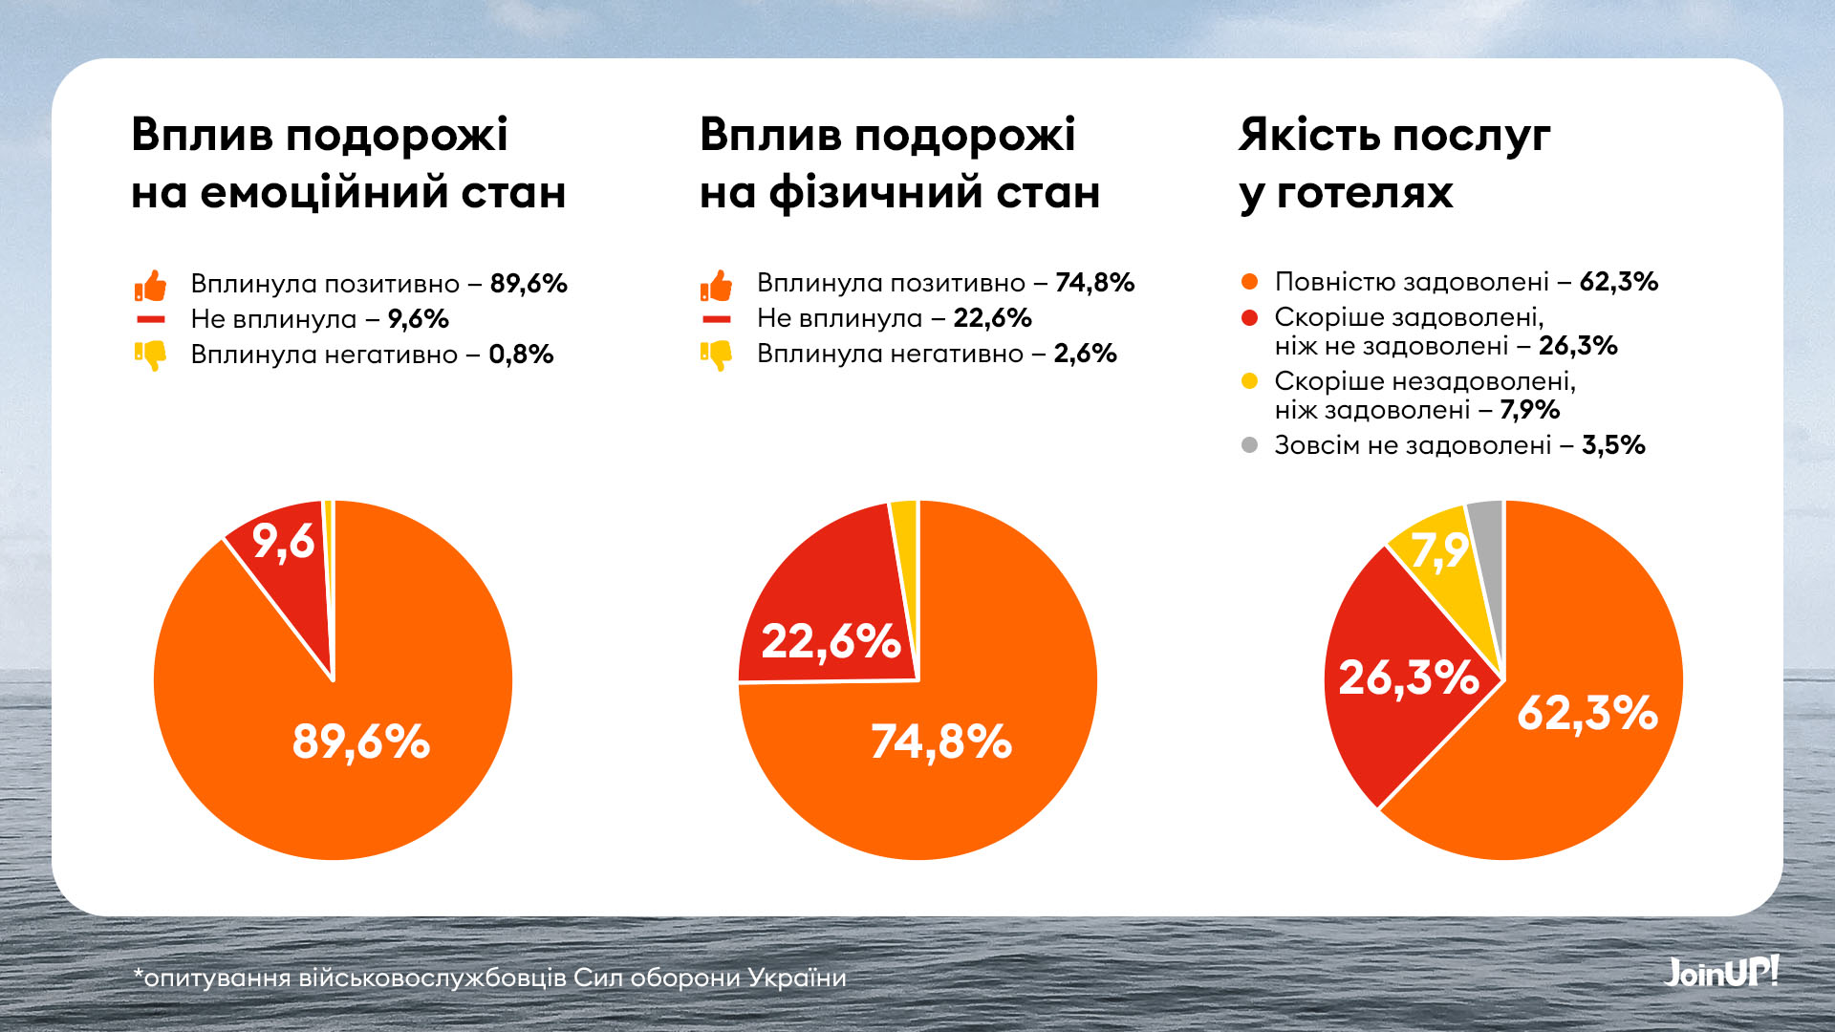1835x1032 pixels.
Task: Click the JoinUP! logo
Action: click(1721, 972)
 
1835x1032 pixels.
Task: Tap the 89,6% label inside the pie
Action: click(361, 742)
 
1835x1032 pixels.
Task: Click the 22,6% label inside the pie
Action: click(831, 640)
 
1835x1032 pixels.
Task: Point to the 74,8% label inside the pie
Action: click(940, 742)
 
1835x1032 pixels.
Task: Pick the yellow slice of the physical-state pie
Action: click(905, 535)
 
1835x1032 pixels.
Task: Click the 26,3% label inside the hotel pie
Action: click(1408, 677)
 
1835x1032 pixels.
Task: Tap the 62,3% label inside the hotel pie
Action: click(1587, 713)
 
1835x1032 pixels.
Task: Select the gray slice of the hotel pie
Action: click(1487, 535)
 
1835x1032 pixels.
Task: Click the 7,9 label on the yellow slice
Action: click(1439, 551)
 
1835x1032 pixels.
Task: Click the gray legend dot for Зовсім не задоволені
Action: click(1249, 445)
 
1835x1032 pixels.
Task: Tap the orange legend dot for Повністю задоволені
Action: click(1249, 282)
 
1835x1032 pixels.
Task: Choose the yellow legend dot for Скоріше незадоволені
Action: click(1249, 381)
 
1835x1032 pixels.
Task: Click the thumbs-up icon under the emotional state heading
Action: click(151, 285)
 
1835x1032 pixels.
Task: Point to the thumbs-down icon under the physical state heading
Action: click(716, 355)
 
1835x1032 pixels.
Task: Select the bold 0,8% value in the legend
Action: click(521, 355)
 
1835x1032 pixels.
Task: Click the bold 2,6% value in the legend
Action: click(1085, 354)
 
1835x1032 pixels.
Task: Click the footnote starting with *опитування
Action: click(489, 978)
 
